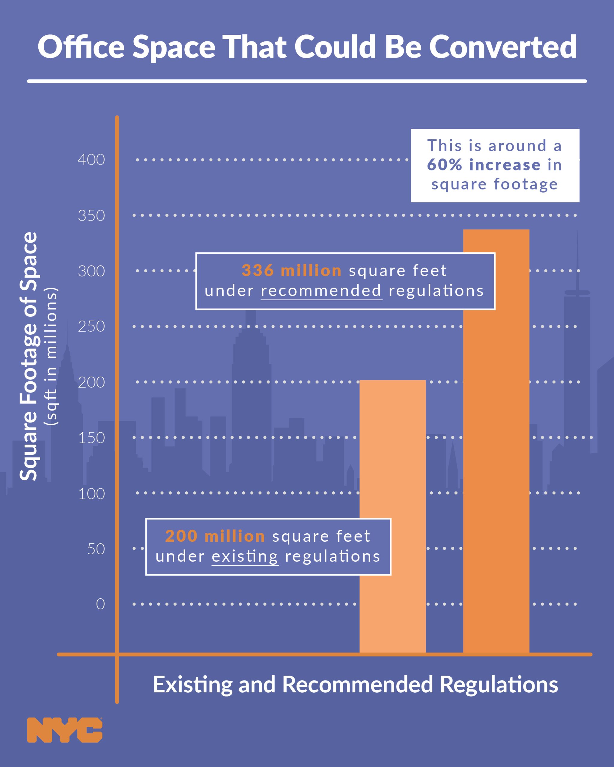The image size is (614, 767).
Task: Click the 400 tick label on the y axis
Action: tap(91, 160)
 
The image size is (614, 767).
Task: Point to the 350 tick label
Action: tap(91, 216)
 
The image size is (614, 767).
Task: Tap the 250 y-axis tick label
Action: tap(91, 327)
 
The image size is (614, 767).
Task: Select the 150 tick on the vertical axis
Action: tap(91, 438)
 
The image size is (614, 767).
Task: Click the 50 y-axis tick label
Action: tap(96, 549)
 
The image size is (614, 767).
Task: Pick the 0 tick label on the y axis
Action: tap(100, 604)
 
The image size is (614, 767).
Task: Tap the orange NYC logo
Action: tap(65, 730)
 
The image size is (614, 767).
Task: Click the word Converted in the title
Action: tap(502, 47)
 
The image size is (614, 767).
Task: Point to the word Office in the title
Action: tap(81, 47)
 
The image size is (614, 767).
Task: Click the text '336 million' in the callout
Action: tap(291, 271)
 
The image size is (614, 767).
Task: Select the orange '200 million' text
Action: tap(215, 536)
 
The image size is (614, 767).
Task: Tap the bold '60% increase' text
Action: tap(483, 165)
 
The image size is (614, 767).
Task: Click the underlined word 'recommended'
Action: tap(321, 291)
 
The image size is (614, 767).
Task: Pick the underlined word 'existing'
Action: tap(245, 556)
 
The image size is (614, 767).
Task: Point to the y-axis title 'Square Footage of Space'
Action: tap(28, 356)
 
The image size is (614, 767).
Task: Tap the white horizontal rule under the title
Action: tap(307, 81)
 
